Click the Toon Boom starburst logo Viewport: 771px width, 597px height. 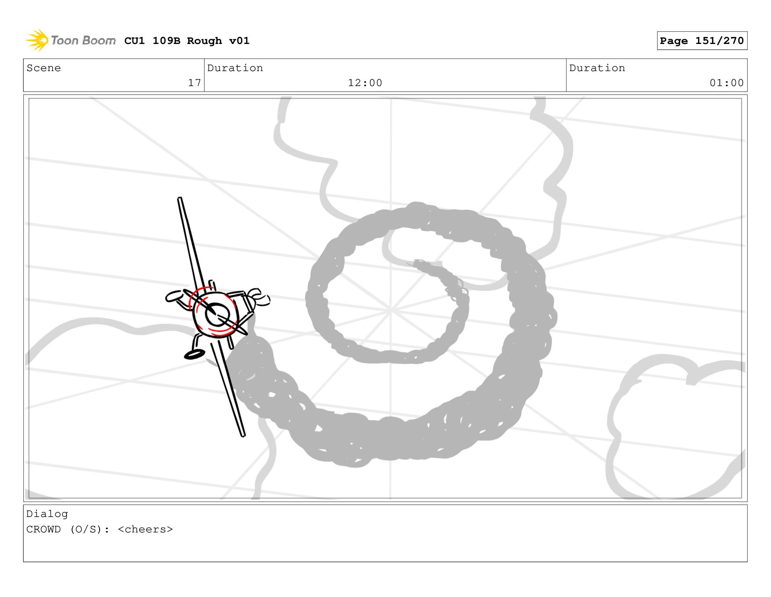36,40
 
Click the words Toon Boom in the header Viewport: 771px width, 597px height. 83,40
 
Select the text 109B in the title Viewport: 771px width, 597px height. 166,41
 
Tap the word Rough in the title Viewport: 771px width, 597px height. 204,41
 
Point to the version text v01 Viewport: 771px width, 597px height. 239,41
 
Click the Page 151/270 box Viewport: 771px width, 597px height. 702,41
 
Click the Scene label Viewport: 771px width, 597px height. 44,68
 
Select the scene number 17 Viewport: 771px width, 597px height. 195,83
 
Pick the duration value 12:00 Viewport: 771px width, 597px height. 365,83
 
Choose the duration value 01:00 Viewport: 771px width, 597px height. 727,83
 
